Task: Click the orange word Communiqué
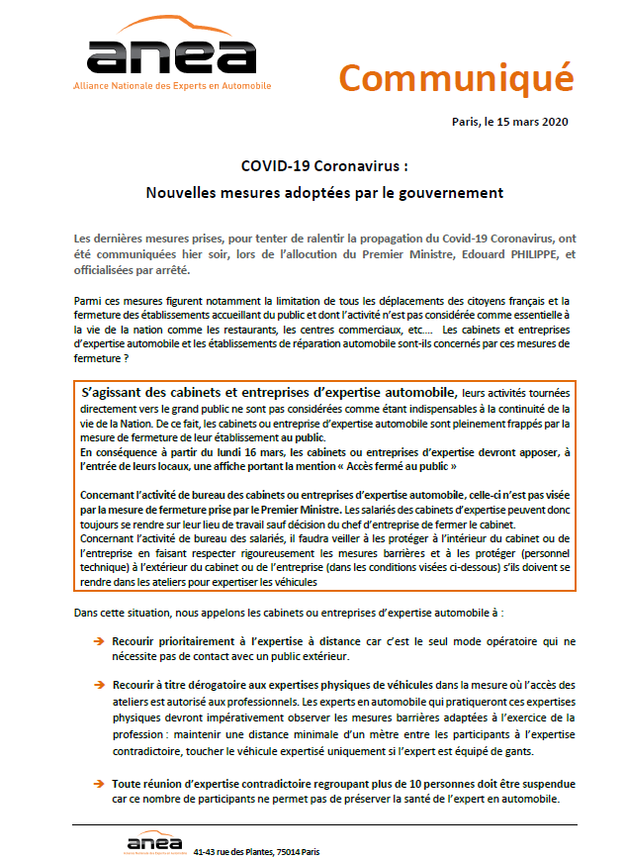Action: (456, 76)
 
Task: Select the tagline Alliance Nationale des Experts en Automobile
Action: (171, 86)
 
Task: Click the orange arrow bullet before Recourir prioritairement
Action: (98, 641)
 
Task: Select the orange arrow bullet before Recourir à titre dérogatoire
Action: (98, 685)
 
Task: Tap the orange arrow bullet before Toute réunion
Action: (98, 784)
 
